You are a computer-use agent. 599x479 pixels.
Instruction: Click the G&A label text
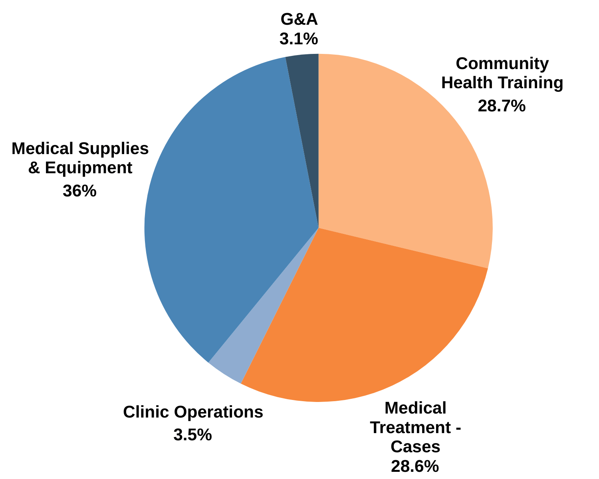(x=299, y=19)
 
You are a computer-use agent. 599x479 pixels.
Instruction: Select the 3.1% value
(x=299, y=39)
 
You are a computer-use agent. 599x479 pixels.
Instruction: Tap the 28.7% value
(x=502, y=106)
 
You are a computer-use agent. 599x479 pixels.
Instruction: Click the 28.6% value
(x=415, y=466)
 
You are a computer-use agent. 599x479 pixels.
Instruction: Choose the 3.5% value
(x=192, y=435)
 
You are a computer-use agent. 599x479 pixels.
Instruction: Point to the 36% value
(x=79, y=191)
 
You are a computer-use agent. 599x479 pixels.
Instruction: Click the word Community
(x=502, y=64)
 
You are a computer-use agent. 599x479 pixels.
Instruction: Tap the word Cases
(x=415, y=447)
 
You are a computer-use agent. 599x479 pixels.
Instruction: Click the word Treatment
(x=411, y=428)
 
